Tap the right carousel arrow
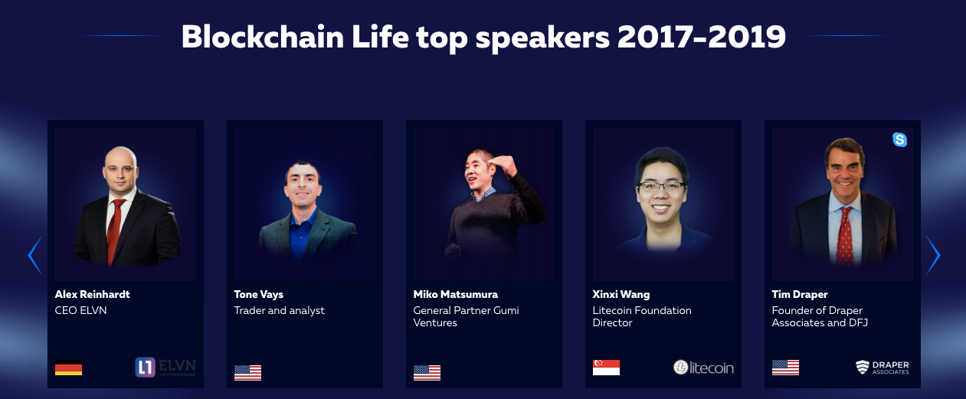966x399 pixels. tap(935, 255)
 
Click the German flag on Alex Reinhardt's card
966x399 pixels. tap(69, 368)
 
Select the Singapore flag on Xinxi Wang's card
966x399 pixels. tap(606, 368)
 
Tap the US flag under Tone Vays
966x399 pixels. tap(247, 373)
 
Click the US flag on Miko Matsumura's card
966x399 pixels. tap(427, 373)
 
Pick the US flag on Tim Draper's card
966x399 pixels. tap(785, 368)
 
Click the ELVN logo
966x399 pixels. tap(165, 367)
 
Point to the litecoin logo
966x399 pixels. tap(703, 368)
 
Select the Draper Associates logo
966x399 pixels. tap(882, 368)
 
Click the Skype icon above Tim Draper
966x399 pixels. tap(899, 139)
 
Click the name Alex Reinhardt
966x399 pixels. tap(92, 294)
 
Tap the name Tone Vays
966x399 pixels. tap(259, 295)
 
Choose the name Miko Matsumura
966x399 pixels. tap(455, 294)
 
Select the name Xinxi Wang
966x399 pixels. tap(621, 295)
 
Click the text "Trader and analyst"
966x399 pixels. tap(279, 311)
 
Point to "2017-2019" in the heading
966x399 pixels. tap(702, 37)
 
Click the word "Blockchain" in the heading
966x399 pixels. tap(263, 37)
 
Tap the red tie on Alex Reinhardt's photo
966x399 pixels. tap(115, 231)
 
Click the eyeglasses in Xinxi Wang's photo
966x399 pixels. tap(662, 187)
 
